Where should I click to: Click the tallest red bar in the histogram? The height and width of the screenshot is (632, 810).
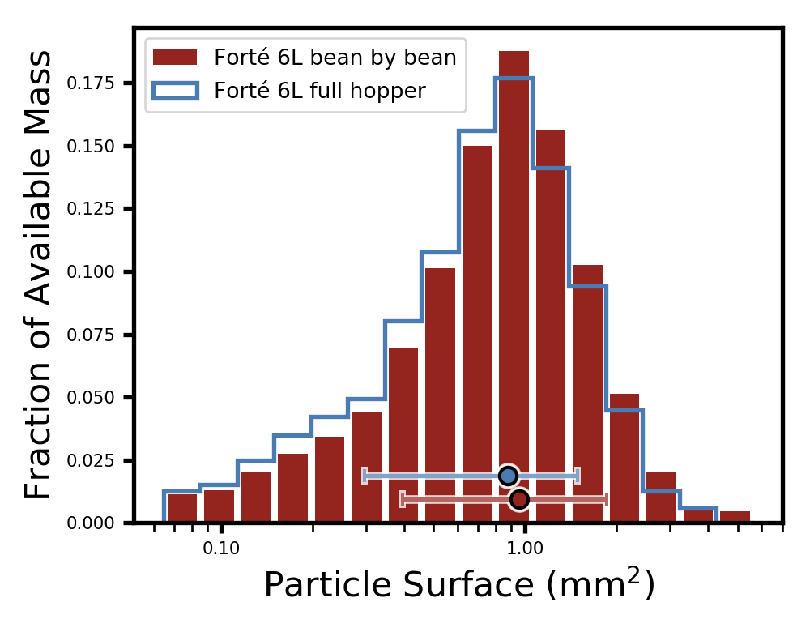click(x=514, y=284)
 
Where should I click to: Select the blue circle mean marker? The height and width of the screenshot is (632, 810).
click(x=508, y=476)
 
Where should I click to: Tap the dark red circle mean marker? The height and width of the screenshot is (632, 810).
click(x=519, y=499)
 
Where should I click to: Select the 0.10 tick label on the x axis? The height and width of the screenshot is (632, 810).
click(x=220, y=548)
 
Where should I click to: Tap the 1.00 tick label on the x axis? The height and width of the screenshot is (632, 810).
click(x=524, y=548)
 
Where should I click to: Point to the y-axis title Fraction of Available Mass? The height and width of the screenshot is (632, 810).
click(x=39, y=275)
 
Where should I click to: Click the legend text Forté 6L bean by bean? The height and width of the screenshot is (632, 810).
click(x=335, y=58)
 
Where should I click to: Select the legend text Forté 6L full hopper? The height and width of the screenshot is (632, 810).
click(x=319, y=91)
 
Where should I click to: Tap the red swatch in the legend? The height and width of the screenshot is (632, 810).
click(x=175, y=58)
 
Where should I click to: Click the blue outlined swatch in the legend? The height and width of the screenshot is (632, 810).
click(x=175, y=91)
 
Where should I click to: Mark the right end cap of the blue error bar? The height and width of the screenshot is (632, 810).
click(x=578, y=476)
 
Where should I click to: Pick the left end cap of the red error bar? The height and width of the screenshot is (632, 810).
click(x=403, y=499)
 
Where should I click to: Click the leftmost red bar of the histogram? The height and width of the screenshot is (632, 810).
click(x=181, y=508)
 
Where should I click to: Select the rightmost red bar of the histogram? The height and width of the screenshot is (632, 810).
click(x=735, y=517)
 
